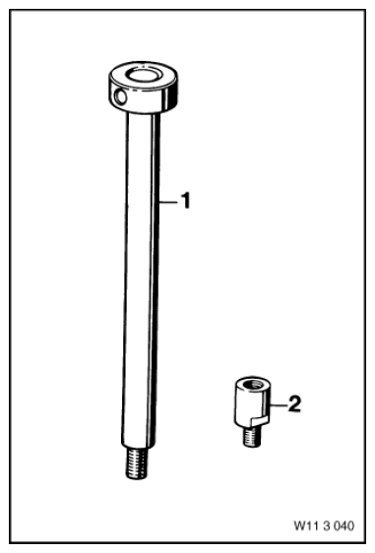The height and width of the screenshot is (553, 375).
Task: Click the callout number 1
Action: (x=185, y=201)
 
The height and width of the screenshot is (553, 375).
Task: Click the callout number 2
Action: (x=294, y=403)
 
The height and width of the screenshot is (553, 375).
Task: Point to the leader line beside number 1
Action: (x=168, y=202)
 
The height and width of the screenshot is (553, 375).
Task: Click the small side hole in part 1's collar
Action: (x=121, y=96)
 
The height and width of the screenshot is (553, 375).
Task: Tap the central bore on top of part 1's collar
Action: (x=143, y=76)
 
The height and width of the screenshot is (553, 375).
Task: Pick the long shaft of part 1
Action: (x=141, y=278)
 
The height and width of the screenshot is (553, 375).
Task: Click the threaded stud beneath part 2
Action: (x=252, y=436)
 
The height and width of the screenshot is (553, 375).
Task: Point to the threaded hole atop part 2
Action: (x=253, y=384)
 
